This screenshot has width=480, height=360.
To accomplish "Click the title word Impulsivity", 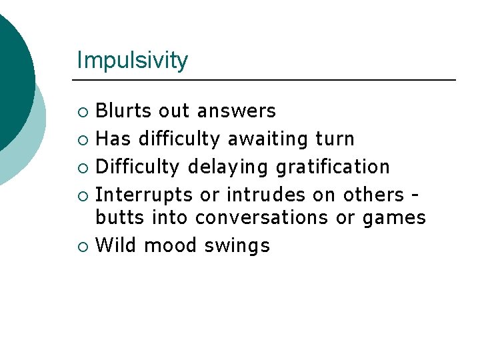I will [x=132, y=61].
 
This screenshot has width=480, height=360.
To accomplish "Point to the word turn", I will [x=335, y=139].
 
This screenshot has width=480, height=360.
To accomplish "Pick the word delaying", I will [x=229, y=166].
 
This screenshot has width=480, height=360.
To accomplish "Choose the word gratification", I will [x=333, y=166].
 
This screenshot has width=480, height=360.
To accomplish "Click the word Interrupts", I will [x=144, y=194].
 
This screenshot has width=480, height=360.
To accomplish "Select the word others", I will [x=373, y=194].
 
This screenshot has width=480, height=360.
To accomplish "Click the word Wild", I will [x=117, y=245].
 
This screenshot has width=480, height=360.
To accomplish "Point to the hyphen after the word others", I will [x=415, y=195].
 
